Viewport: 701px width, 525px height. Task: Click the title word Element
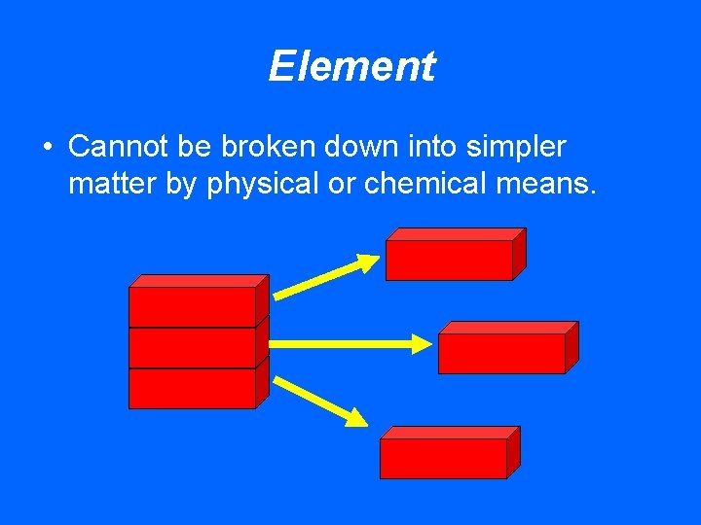tap(351, 67)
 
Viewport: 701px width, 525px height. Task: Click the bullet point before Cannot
tap(47, 149)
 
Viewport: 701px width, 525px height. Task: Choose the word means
tap(546, 184)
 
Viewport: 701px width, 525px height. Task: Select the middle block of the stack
tap(193, 347)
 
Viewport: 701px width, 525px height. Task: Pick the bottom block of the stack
tap(193, 388)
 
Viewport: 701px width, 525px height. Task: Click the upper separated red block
tap(450, 259)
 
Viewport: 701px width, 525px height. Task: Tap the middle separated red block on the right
tap(501, 352)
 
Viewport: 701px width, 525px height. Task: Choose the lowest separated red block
tap(443, 457)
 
